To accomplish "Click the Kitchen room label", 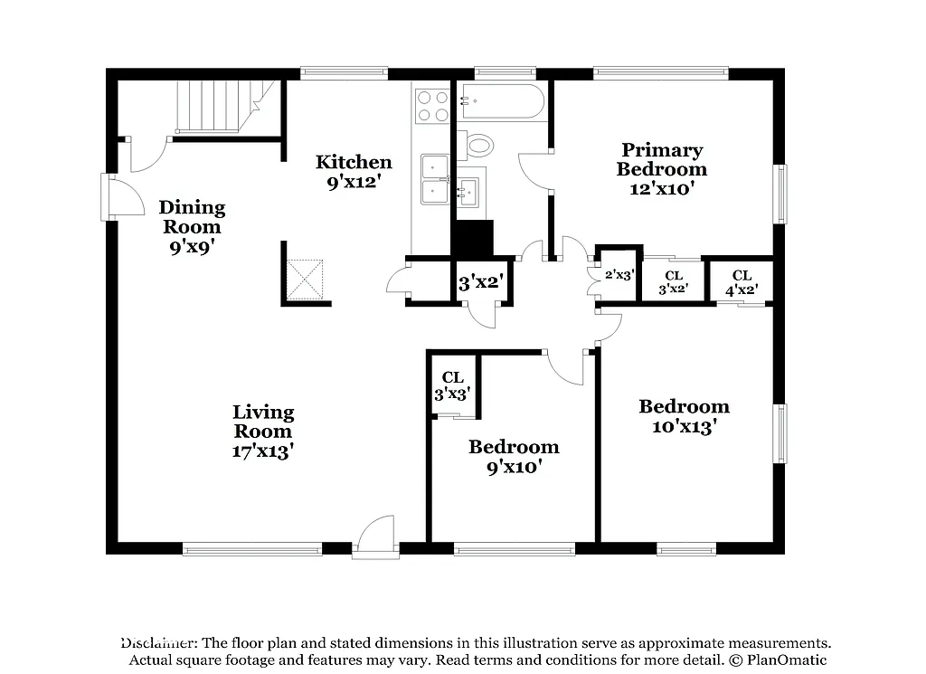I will [x=354, y=163].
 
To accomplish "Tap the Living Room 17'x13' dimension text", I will [x=262, y=451].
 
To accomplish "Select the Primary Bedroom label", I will [x=662, y=159].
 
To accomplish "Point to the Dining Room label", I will [x=192, y=217].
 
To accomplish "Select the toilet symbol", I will [x=477, y=145].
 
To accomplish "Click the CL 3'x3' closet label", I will [x=452, y=385].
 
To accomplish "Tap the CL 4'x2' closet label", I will [x=742, y=282].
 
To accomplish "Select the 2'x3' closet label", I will [x=619, y=275].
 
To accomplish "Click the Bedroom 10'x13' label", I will [x=684, y=416].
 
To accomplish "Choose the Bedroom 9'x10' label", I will [x=513, y=456].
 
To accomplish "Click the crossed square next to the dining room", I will [x=305, y=279].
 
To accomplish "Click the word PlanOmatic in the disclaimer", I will [x=785, y=660].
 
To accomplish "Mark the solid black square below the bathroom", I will [x=472, y=239].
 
